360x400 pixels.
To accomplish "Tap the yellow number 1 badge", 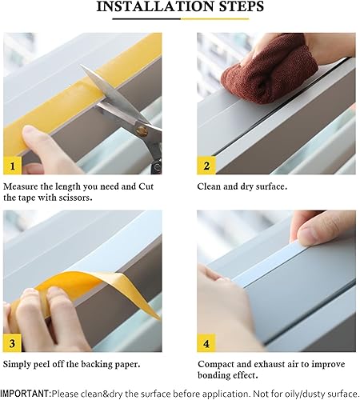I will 13,166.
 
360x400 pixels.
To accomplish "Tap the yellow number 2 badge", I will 207,166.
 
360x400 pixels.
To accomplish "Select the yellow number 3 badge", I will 13,344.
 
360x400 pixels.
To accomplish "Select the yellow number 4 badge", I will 207,344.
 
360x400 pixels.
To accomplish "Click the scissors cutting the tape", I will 120,108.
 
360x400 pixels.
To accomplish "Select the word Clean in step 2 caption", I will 211,186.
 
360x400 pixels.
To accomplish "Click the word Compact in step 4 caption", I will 219,364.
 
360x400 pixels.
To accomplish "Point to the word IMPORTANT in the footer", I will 25,393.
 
